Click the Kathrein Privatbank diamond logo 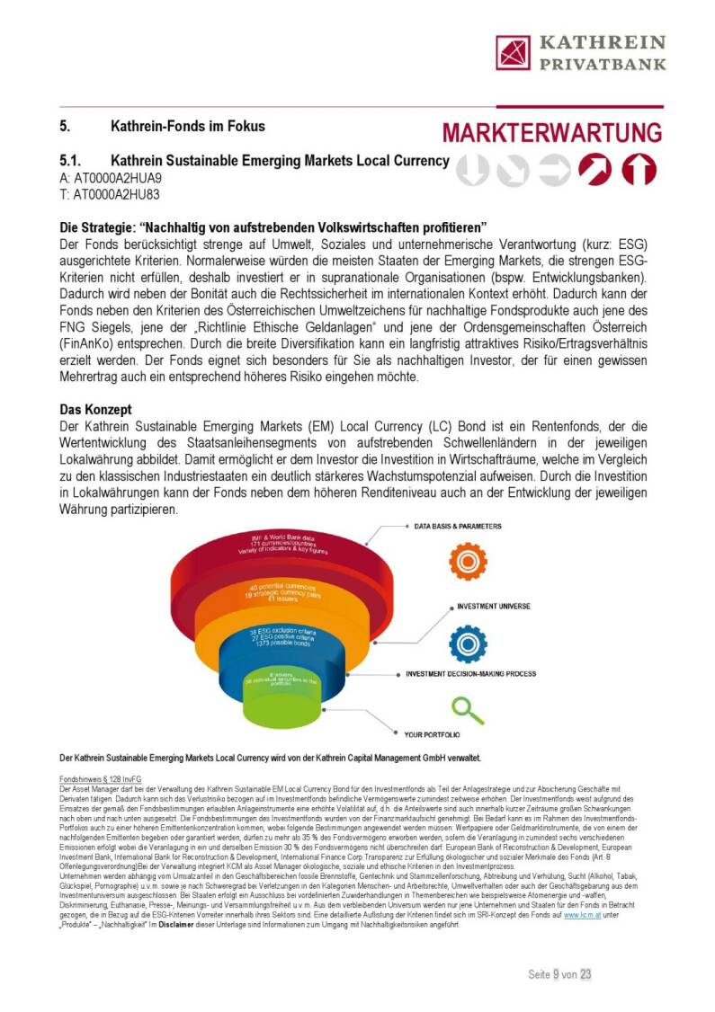(x=514, y=53)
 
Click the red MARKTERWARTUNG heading (x=552, y=132)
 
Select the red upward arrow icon (x=639, y=170)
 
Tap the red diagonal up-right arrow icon (x=594, y=170)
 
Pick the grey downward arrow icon (x=473, y=170)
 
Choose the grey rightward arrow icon (x=555, y=170)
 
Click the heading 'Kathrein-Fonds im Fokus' (x=187, y=126)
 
